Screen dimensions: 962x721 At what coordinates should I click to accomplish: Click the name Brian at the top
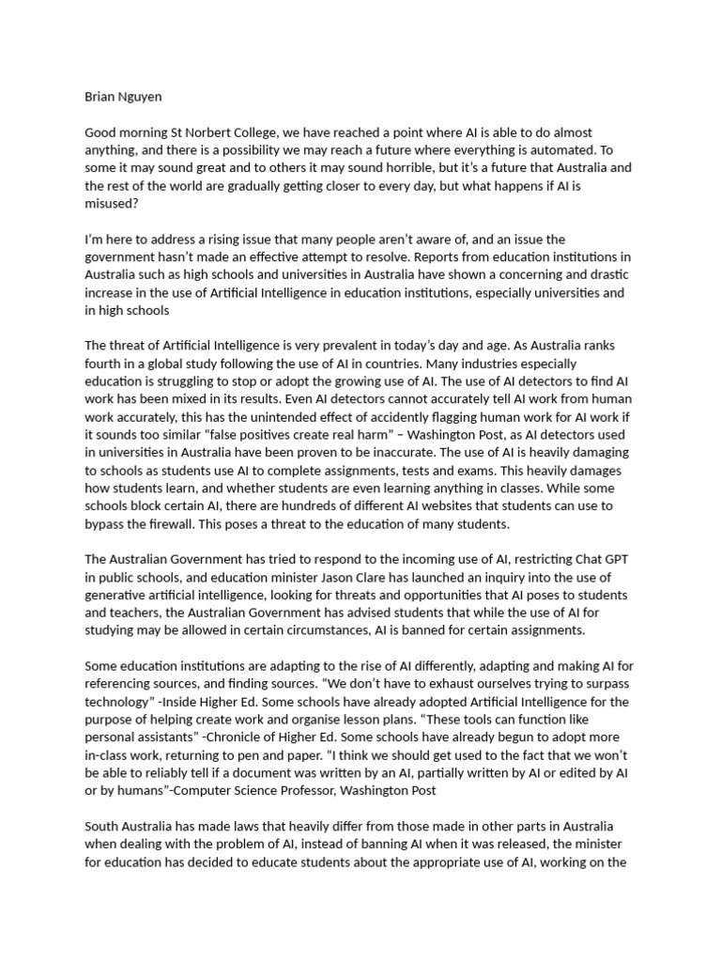pos(101,97)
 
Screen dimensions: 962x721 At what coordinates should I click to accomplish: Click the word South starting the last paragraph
pos(103,827)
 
